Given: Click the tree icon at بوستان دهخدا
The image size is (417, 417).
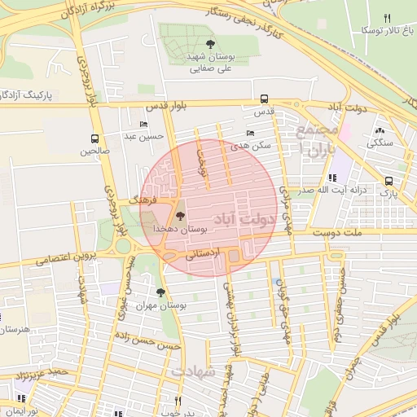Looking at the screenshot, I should tap(180, 216).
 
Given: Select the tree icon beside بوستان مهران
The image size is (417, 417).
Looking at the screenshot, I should tap(160, 291).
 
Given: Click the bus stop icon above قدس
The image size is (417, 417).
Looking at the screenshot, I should tap(264, 96).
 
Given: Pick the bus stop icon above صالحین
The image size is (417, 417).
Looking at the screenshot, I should tap(95, 138).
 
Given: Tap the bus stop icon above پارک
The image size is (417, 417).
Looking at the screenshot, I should tap(389, 182).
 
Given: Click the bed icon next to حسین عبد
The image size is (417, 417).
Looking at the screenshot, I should tap(144, 125).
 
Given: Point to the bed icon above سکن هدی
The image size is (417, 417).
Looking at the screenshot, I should tap(250, 133).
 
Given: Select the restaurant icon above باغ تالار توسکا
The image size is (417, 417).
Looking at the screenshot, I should tap(388, 18).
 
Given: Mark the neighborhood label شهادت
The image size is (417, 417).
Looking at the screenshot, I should tap(194, 371).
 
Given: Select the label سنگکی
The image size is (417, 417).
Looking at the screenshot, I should tap(379, 143).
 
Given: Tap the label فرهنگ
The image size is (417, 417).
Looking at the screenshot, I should tap(144, 198).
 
